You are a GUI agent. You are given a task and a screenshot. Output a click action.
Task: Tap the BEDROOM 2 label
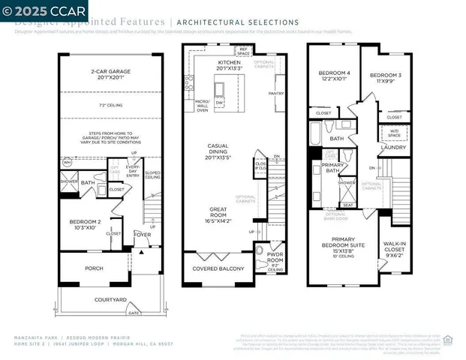[x=85, y=223]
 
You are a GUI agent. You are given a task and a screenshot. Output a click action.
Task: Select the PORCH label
[x=94, y=268]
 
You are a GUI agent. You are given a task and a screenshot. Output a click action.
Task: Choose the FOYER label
[x=143, y=232]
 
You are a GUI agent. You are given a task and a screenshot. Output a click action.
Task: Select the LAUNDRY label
[x=394, y=147]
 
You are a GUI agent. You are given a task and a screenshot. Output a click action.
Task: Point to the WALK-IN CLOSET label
[x=395, y=247]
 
